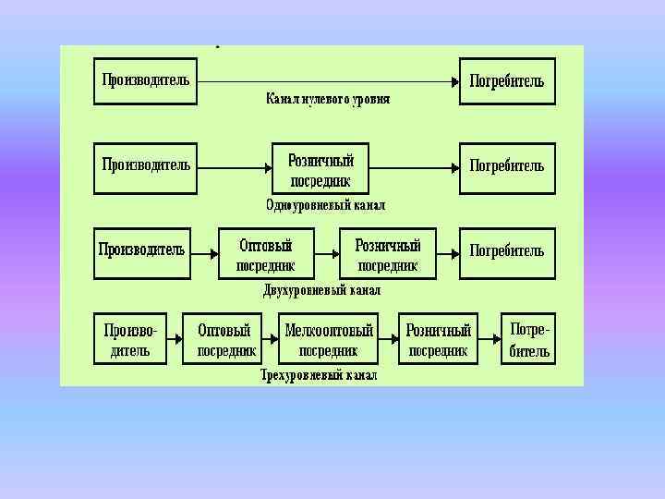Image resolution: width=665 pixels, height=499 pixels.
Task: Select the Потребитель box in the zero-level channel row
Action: coord(507,80)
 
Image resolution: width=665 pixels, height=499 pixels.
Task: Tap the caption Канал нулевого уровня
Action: coord(328,98)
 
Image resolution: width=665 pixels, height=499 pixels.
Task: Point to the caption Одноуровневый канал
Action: coord(325,204)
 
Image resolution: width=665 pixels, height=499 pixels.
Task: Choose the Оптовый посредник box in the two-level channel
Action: coord(265,254)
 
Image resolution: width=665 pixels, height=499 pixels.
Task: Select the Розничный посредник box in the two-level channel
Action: coord(388,254)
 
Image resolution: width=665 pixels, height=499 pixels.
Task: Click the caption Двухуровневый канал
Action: coord(321,290)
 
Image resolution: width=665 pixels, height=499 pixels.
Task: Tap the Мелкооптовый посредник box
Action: coord(329,339)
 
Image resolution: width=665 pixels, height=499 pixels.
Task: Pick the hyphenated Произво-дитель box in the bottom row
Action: coord(130,339)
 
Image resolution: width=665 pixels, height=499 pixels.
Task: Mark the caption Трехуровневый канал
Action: coord(319,375)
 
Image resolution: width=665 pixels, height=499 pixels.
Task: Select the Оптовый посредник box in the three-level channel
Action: coord(225,339)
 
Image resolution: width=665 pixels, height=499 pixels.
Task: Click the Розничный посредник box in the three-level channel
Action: coord(439,339)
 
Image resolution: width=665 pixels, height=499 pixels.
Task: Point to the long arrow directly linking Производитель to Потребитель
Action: coord(328,81)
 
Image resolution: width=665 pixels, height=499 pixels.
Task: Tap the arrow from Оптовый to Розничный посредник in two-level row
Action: coord(327,252)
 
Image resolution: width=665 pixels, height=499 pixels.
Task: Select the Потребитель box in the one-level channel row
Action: coord(507,167)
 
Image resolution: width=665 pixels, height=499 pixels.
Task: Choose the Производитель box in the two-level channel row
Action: coord(142,252)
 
